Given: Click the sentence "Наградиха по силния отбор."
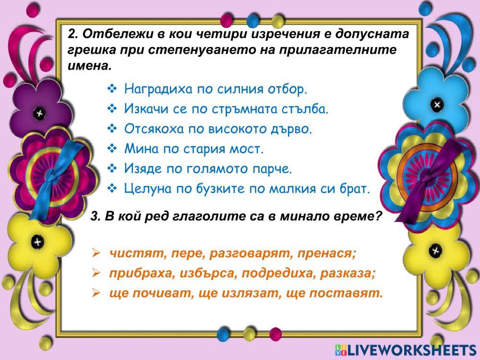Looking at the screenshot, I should [x=215, y=89].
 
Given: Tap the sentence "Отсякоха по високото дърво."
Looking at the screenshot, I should [x=218, y=129].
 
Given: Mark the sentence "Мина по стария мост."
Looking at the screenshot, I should [x=194, y=149].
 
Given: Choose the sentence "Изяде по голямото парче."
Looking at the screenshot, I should [x=208, y=169].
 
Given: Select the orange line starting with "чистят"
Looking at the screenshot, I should [x=233, y=253].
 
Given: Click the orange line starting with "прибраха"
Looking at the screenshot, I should [x=242, y=273].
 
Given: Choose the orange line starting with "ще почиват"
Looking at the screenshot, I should [x=246, y=293].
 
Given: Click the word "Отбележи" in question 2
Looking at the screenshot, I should [x=105, y=35].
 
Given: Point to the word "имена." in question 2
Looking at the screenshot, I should [x=90, y=65].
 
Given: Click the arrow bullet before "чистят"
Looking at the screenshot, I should [x=96, y=253].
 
